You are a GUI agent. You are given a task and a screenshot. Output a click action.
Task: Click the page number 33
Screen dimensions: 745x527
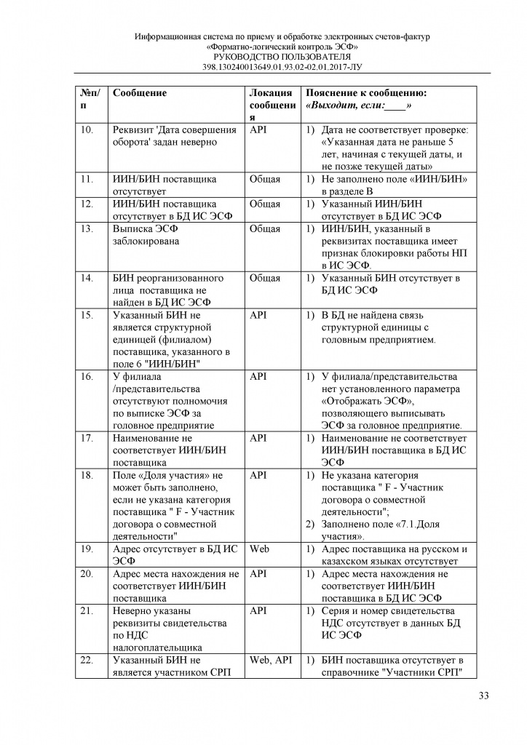(x=483, y=696)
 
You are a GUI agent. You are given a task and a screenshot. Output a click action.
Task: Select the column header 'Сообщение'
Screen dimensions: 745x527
(x=140, y=93)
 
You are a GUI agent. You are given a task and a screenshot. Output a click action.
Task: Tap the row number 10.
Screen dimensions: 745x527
(x=87, y=130)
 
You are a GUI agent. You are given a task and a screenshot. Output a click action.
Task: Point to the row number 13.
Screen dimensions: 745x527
(x=87, y=228)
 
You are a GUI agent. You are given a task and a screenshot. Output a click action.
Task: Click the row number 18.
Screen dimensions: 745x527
(x=87, y=474)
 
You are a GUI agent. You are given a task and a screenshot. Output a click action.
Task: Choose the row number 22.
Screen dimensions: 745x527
(x=87, y=659)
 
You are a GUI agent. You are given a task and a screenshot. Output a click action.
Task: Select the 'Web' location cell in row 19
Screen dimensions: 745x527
(x=259, y=549)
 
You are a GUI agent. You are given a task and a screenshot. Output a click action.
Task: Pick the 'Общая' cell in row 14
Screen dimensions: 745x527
(x=264, y=278)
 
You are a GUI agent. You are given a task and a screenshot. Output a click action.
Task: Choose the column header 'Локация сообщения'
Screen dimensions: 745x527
(x=271, y=105)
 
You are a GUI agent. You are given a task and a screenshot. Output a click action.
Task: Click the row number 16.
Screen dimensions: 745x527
(x=87, y=376)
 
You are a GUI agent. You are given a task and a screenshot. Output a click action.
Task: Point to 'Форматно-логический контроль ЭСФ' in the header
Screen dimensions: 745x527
(x=281, y=47)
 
